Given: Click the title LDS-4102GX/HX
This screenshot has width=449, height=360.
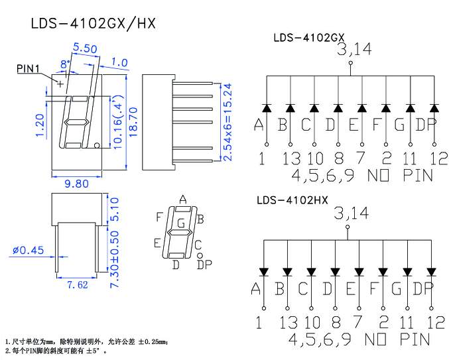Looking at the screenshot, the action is (93, 23).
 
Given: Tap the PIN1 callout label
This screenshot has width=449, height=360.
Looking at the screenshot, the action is (28, 69).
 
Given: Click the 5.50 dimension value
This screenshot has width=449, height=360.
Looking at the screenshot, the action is (85, 48).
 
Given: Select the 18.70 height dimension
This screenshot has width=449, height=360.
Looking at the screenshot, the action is (133, 122).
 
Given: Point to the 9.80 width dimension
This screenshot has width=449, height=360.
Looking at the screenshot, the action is (76, 184).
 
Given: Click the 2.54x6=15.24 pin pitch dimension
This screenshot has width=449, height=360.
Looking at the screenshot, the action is (227, 122).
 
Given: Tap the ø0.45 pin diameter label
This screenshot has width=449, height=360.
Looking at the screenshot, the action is (29, 250).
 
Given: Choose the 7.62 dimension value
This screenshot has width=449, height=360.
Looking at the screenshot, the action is (78, 284).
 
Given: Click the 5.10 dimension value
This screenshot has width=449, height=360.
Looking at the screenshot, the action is (114, 210).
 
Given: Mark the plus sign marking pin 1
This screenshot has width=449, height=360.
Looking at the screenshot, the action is (60, 84).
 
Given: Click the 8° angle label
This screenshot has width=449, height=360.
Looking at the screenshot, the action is (65, 64).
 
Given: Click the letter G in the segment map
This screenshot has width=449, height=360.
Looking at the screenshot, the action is (181, 223).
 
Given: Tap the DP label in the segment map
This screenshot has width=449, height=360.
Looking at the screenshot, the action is (204, 265).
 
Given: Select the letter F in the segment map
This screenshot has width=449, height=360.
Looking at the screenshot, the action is (159, 217).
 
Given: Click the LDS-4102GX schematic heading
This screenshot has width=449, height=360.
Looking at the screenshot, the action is (309, 38).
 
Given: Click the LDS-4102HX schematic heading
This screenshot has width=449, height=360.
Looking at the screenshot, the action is (292, 200).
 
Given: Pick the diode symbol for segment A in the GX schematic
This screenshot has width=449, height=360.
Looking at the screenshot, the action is (267, 108).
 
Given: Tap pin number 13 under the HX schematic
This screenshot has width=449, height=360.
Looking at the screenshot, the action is (289, 322).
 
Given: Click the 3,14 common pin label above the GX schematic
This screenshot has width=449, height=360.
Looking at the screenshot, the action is (355, 49).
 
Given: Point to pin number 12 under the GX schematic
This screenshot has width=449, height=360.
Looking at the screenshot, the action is (438, 158).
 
